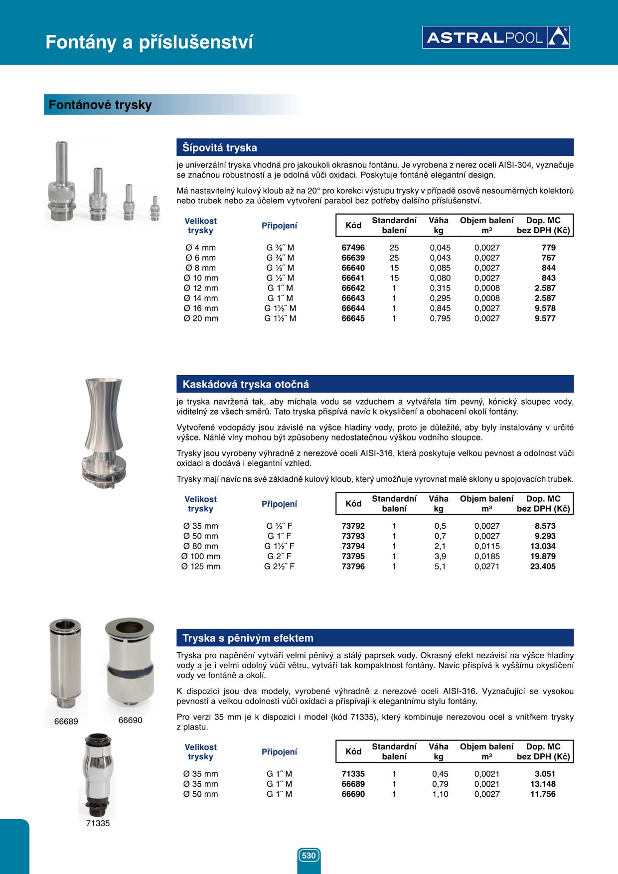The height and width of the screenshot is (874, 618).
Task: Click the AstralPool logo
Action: tap(496, 37)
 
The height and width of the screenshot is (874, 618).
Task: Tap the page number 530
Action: tap(309, 856)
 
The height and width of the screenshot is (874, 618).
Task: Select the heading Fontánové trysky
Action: tap(100, 105)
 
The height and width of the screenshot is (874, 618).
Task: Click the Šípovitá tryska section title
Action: tap(220, 147)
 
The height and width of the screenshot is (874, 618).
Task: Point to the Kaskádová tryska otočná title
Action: tap(246, 384)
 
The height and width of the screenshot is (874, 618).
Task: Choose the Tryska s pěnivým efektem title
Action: tap(248, 638)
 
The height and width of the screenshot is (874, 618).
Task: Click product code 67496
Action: tap(353, 248)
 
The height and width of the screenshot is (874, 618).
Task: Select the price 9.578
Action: tap(545, 308)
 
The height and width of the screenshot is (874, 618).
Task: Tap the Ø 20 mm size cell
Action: tap(201, 318)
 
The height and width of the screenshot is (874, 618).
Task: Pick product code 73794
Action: tap(353, 546)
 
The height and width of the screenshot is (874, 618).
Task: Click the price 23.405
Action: tap(543, 567)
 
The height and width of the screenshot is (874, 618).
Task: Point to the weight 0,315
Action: tap(440, 288)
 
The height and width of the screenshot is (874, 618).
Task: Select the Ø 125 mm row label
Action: tap(201, 567)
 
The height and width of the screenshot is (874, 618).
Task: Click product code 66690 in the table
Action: tap(353, 794)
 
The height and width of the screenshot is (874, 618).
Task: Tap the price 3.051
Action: tap(545, 774)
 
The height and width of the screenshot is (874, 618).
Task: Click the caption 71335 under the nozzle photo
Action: tap(98, 823)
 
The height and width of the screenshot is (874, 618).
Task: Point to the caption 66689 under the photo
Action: tap(66, 721)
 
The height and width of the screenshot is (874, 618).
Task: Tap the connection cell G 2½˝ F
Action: tap(279, 567)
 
